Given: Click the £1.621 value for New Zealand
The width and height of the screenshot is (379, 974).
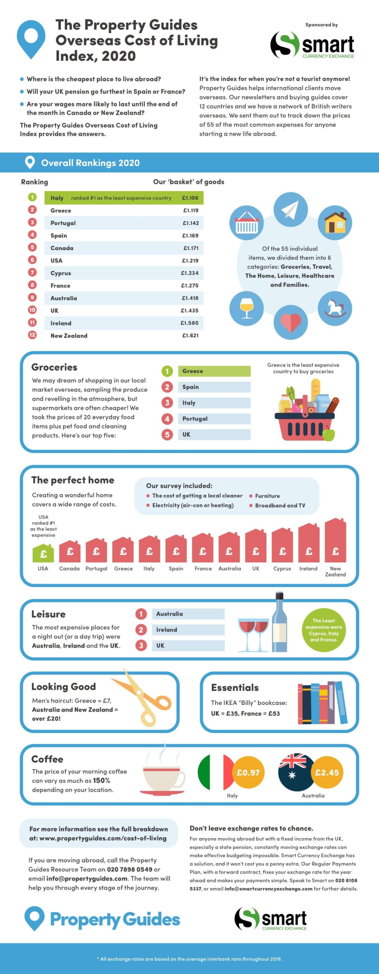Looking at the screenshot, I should coord(190,336).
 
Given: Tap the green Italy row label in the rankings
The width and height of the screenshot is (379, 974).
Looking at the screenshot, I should coord(57,198).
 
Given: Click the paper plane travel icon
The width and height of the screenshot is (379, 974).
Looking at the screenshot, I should coord(291,209).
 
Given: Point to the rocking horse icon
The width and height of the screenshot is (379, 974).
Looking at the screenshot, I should coord(334,308).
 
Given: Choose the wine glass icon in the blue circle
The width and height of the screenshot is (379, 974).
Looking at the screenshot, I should coord(246,308).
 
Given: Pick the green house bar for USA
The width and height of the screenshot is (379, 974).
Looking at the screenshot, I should coord(43,553).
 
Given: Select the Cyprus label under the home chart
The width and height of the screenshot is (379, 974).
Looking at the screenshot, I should coord(282,568).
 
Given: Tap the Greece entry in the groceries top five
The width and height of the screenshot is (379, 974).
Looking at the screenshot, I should coord(214,371).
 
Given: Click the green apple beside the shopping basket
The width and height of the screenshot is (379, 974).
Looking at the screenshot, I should coord(329,434).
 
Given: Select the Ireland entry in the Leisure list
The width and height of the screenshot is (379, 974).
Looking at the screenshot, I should coord(188,630).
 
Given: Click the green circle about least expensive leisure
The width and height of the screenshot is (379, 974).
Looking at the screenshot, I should coord(324,630).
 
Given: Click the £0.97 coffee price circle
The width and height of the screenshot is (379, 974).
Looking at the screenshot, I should coord(248,772).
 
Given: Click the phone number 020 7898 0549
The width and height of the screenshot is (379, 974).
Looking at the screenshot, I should coord(129,869).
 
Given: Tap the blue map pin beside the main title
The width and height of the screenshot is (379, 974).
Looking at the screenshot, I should coord(31,39).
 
